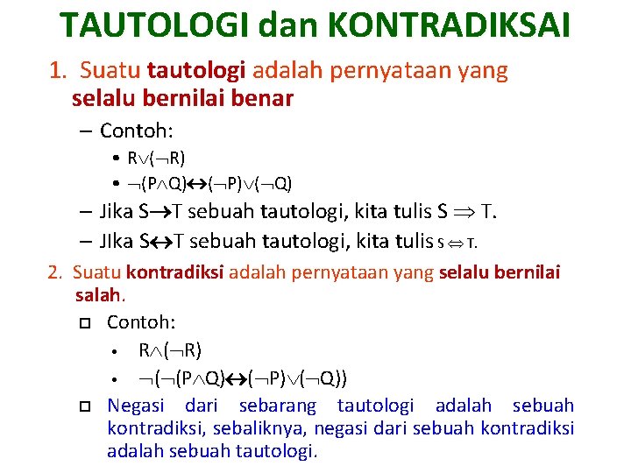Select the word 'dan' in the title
[x=289, y=26]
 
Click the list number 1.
[x=56, y=71]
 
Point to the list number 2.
[x=54, y=273]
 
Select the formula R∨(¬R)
[x=156, y=159]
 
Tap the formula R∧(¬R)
[x=170, y=350]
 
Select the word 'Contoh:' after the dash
[x=137, y=131]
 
